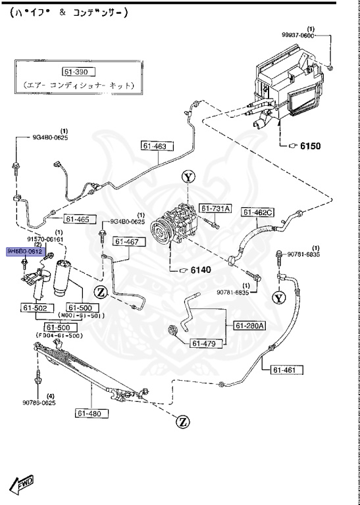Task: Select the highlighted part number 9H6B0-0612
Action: (25, 251)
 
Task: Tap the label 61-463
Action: (153, 146)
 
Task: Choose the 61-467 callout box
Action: (126, 241)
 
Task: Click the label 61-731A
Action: (216, 209)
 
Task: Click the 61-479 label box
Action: (205, 343)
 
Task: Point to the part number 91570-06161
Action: (45, 239)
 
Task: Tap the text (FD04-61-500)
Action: (61, 336)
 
